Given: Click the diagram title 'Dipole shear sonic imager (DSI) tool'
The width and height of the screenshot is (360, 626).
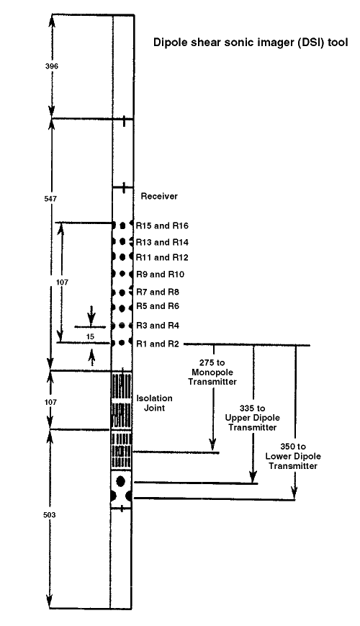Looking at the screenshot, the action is pyautogui.click(x=251, y=43).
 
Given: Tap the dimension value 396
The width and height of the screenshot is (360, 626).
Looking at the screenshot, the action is pyautogui.click(x=52, y=66).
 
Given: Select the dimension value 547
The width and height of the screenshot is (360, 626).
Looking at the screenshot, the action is pyautogui.click(x=50, y=198).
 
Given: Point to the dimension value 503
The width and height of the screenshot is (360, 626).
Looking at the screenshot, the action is pyautogui.click(x=50, y=515).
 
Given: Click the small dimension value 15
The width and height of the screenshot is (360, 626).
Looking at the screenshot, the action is pyautogui.click(x=90, y=336).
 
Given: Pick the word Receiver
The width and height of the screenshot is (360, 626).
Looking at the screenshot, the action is pyautogui.click(x=159, y=196).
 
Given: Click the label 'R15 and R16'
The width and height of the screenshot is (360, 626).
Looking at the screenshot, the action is pyautogui.click(x=162, y=226).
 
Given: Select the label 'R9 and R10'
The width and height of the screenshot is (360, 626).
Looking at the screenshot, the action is pyautogui.click(x=160, y=274).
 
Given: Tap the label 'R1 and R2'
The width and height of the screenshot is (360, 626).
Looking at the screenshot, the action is pyautogui.click(x=158, y=344).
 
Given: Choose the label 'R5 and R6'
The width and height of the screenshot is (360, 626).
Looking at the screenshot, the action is pyautogui.click(x=158, y=306).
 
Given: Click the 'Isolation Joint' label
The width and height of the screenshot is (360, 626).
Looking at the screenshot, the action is pyautogui.click(x=155, y=403).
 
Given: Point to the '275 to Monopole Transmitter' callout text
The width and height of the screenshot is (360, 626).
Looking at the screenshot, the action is pyautogui.click(x=212, y=372).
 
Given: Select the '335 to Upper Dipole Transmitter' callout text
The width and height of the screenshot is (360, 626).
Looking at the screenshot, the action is pyautogui.click(x=252, y=418).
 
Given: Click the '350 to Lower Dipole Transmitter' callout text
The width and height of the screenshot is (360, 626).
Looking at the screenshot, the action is pyautogui.click(x=293, y=456).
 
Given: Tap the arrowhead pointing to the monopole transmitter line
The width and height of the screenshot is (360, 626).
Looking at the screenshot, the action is pyautogui.click(x=212, y=444).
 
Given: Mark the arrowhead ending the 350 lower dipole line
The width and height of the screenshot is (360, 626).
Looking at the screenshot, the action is pyautogui.click(x=295, y=493).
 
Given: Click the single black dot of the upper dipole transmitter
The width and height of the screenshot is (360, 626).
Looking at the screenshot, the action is pyautogui.click(x=121, y=480).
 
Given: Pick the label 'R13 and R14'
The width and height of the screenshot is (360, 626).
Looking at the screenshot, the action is pyautogui.click(x=162, y=242).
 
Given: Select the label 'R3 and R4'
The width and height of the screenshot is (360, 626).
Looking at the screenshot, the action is pyautogui.click(x=158, y=326).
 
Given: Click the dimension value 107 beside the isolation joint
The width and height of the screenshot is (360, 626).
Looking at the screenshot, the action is pyautogui.click(x=50, y=402).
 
